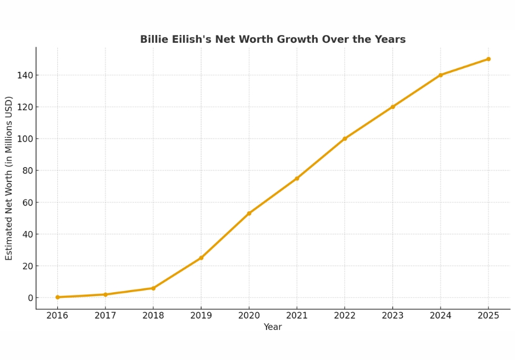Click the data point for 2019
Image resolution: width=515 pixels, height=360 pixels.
[x=201, y=258]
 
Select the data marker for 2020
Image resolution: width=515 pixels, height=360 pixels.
[x=249, y=213]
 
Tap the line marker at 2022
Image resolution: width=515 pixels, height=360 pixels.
[x=344, y=138]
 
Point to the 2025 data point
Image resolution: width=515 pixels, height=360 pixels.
[x=488, y=59]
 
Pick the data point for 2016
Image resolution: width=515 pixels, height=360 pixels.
[x=57, y=297]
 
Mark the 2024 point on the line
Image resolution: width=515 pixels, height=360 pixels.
[x=441, y=75]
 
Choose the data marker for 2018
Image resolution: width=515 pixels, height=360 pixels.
[x=153, y=288]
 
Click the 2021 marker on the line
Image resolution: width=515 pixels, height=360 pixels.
[x=297, y=178]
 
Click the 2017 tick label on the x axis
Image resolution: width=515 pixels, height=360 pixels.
[x=105, y=316]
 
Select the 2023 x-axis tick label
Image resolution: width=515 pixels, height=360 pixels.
[x=392, y=316]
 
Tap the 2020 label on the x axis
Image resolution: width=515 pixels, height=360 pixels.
[x=249, y=316]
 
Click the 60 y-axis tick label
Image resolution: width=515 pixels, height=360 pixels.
[x=26, y=202]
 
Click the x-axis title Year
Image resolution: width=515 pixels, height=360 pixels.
[x=272, y=327]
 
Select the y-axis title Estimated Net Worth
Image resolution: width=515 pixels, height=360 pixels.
[x=9, y=178]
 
